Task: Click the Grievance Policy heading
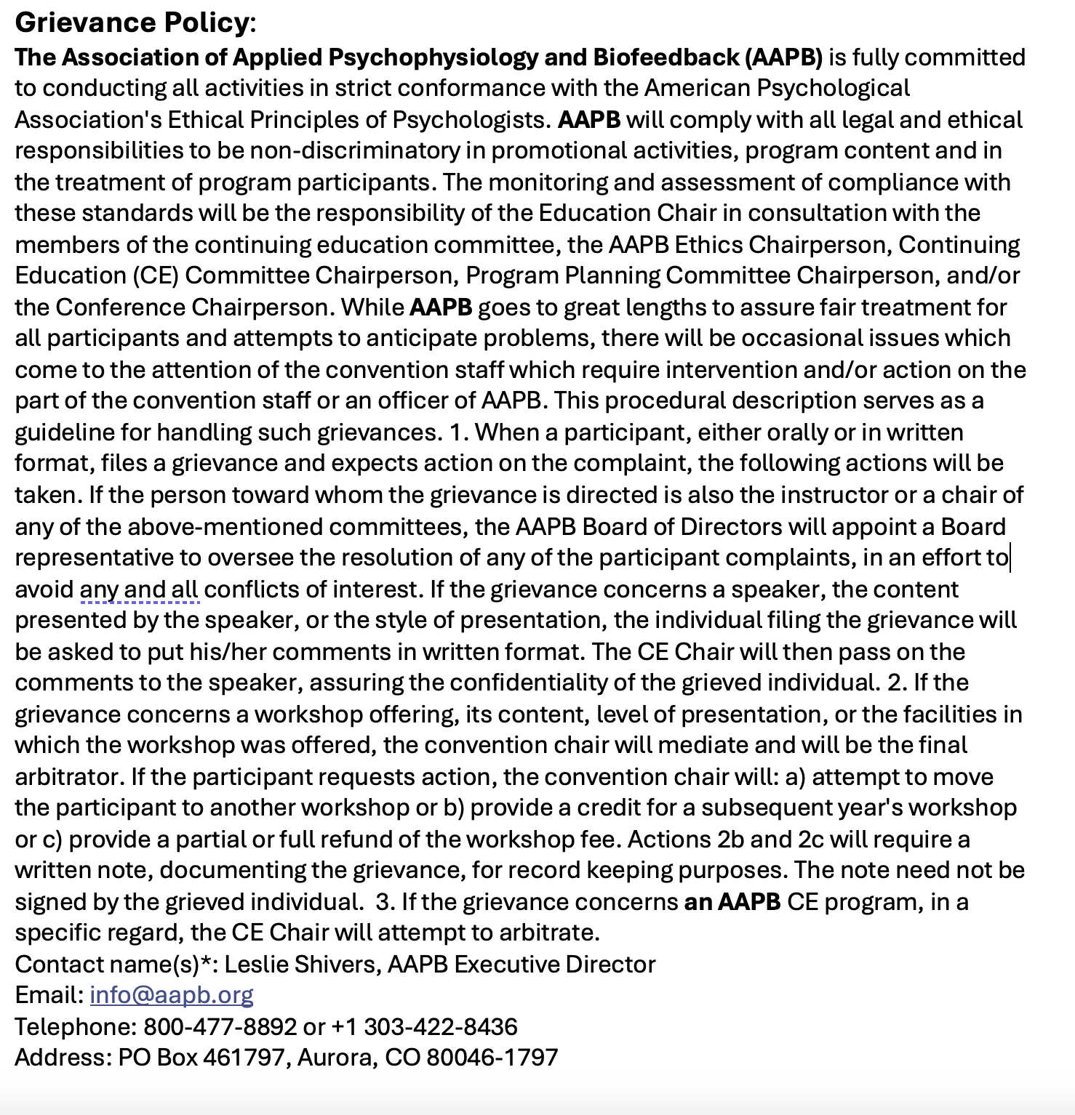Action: [x=132, y=23]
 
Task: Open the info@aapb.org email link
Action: [x=172, y=994]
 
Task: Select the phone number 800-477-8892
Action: [x=220, y=1026]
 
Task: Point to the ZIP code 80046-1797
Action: [x=492, y=1057]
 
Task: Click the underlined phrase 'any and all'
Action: [x=139, y=589]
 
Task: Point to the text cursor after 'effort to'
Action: [x=1010, y=557]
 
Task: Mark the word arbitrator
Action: [x=66, y=776]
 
